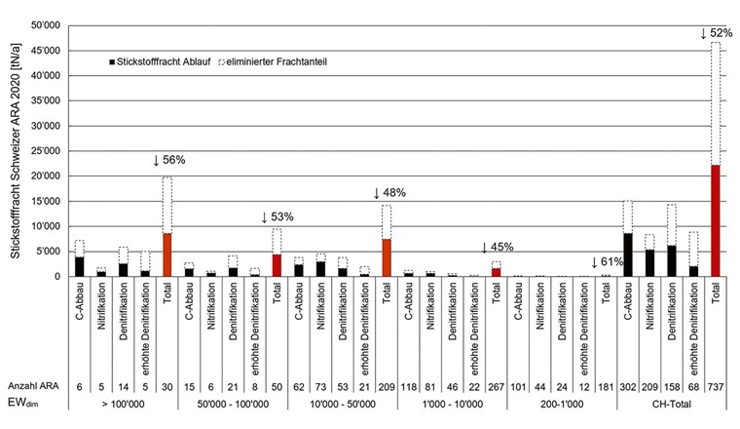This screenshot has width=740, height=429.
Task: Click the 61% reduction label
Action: click(610, 261)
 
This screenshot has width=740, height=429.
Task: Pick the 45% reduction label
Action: click(498, 247)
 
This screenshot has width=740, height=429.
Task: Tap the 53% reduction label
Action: click(278, 215)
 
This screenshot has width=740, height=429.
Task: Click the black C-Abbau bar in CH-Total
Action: click(627, 254)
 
